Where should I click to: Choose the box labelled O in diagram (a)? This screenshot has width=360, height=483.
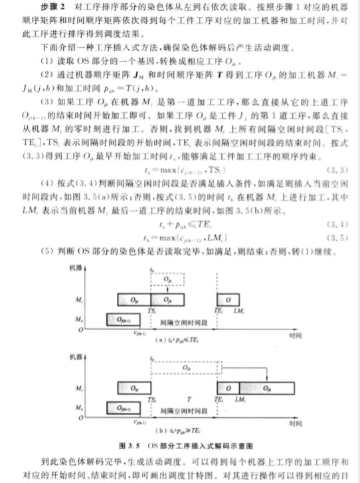pos(228,300)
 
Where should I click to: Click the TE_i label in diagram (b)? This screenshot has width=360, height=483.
pos(219,397)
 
